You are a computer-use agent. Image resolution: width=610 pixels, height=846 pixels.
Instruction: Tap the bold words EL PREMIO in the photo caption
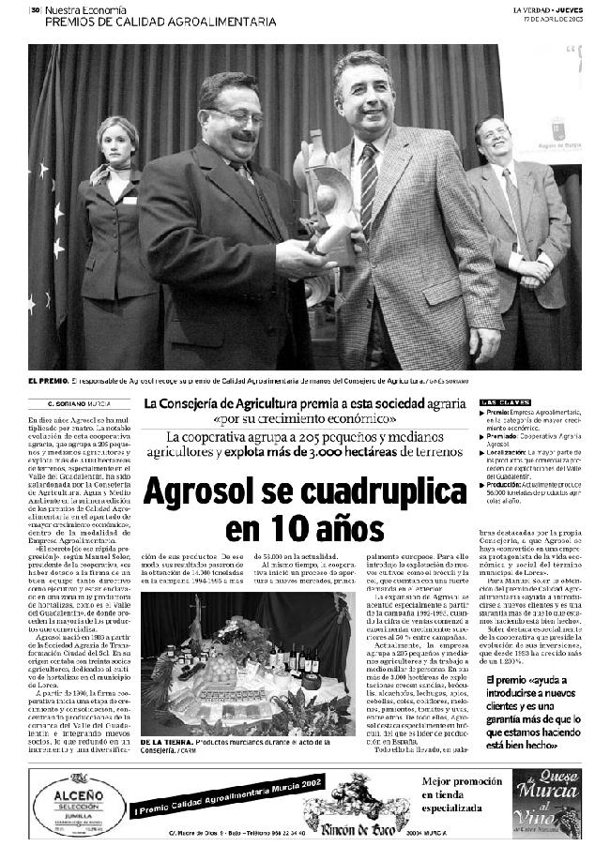click(x=47, y=381)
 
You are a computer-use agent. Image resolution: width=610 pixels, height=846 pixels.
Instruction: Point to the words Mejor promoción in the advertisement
click(x=458, y=780)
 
